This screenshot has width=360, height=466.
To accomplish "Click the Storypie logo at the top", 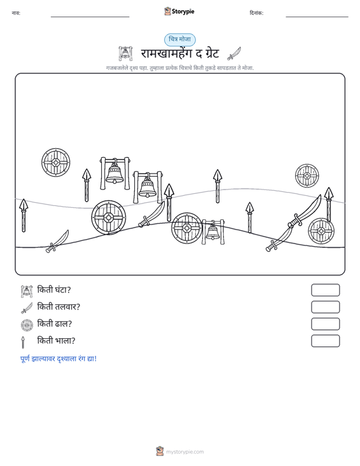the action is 179,11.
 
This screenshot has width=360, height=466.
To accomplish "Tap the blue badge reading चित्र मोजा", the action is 180,39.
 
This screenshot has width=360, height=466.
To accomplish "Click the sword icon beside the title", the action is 234,53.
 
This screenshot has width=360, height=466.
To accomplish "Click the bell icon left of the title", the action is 125,53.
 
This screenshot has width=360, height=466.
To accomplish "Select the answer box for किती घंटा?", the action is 325,290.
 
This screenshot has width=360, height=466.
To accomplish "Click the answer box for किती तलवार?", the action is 325,307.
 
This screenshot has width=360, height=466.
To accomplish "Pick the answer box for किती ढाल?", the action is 325,324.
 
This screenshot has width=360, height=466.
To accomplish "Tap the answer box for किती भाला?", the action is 325,341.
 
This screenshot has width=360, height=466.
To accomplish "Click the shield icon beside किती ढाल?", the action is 27,325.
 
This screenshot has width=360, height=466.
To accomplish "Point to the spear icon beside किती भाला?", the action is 23,342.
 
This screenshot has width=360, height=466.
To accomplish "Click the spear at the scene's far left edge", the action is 24,216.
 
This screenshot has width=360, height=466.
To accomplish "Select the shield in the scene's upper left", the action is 55,163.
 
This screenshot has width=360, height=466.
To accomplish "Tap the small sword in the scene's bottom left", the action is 57,242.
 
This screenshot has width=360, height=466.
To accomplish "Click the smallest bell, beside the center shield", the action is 213,232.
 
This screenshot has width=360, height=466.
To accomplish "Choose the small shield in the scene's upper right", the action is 307,175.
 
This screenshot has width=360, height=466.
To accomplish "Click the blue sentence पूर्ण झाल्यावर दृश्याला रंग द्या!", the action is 59,359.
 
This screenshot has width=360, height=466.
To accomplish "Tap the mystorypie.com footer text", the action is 184,452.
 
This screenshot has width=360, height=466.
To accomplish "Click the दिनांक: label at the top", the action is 256,13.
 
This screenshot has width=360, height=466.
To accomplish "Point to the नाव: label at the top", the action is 16,13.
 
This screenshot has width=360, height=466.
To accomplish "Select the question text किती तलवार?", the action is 59,306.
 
